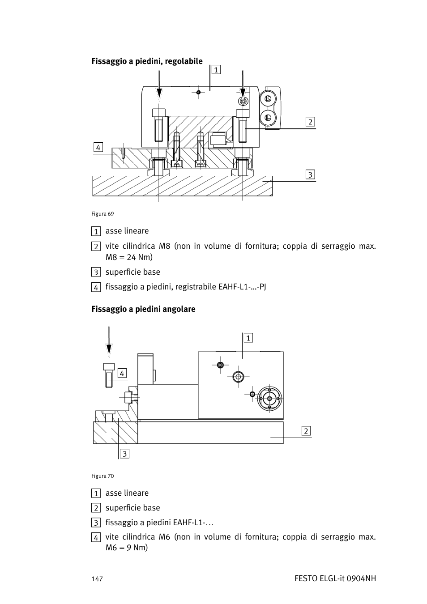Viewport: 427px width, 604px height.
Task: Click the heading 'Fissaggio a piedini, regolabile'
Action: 147,61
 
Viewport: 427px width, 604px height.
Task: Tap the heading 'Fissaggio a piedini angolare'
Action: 143,309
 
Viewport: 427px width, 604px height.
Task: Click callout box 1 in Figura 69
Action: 216,69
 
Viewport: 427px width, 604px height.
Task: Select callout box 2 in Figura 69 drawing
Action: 310,122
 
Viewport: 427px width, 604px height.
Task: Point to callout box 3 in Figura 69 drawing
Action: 310,174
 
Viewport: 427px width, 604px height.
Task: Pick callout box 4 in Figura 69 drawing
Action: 98,147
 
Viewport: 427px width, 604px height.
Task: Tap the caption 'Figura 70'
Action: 102,476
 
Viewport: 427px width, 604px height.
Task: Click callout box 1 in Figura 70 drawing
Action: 248,338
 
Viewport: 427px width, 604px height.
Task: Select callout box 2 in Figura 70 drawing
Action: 306,431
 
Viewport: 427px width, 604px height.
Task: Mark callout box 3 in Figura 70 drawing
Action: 124,454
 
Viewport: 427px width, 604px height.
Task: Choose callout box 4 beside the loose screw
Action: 122,373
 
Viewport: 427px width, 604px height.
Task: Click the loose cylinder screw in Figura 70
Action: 109,375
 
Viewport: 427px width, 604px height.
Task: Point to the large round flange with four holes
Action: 269,398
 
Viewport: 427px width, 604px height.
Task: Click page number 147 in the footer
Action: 97,579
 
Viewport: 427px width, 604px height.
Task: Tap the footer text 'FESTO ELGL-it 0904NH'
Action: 335,578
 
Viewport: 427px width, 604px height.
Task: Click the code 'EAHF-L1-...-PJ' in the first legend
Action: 242,287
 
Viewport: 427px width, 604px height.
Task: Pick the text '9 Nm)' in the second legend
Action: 137,548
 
